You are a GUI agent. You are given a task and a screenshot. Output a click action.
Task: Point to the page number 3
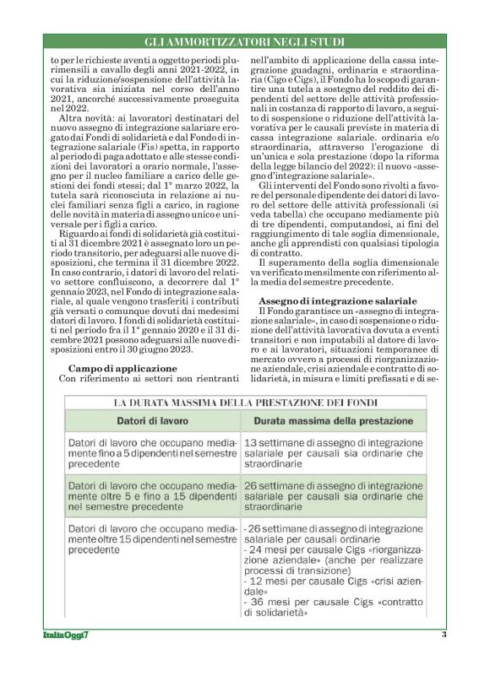point(443,635)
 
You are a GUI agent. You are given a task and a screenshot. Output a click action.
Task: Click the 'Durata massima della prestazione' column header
point(322,419)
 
